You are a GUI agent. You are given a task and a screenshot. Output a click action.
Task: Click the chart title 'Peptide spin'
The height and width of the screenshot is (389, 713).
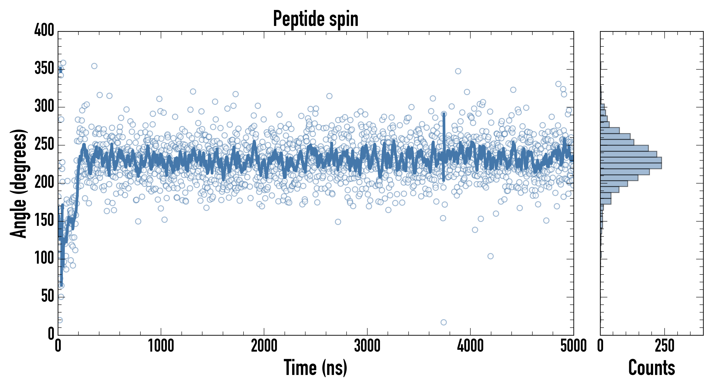coord(315,19)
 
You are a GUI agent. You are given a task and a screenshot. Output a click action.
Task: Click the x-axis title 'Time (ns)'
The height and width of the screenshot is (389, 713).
coord(315,368)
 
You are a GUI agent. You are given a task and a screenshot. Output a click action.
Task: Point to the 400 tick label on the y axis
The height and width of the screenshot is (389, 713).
coord(44,30)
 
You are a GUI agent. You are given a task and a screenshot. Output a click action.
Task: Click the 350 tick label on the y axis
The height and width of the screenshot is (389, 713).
coord(44,68)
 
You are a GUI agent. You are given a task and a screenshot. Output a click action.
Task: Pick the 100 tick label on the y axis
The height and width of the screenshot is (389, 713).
coord(44,258)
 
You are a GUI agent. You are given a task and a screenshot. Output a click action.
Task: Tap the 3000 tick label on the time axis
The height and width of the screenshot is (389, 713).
coord(367,346)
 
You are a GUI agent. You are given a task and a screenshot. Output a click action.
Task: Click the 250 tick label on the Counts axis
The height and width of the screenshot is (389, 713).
coord(665,346)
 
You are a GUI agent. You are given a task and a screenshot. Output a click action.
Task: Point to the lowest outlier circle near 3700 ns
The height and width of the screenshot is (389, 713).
coord(443,322)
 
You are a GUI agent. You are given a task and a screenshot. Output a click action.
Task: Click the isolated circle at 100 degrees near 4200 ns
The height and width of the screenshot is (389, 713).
coord(490,256)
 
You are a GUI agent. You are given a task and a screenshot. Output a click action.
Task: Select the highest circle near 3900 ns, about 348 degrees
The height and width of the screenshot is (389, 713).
coord(458,71)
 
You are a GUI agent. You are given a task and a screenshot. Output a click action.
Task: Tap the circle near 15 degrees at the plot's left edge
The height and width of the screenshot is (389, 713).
coord(60,320)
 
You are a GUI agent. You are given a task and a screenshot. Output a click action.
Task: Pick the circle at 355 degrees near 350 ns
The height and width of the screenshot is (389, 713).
coord(94,66)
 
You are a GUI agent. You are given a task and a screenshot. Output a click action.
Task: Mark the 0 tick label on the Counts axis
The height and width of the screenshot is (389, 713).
coord(600,346)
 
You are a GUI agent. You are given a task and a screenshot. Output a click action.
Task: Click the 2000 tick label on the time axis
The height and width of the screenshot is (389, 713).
coord(264,346)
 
